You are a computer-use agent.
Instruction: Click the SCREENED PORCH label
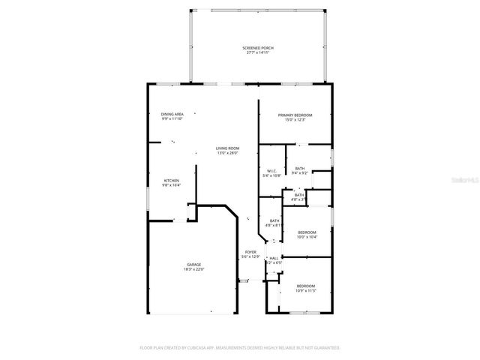click(x=257, y=48)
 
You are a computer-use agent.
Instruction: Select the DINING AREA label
click(x=172, y=114)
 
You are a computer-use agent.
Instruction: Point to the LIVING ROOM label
click(x=227, y=148)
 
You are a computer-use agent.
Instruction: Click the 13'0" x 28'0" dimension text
click(x=227, y=154)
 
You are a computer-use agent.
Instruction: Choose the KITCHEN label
click(x=172, y=181)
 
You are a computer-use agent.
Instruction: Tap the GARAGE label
click(x=193, y=265)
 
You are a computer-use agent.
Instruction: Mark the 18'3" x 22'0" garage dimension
click(x=193, y=270)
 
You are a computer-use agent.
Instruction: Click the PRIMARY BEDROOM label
click(x=295, y=115)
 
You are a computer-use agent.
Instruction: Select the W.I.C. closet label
click(x=272, y=170)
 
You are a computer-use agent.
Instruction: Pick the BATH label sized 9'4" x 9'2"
click(x=299, y=169)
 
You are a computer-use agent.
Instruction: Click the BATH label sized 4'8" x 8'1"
click(x=273, y=220)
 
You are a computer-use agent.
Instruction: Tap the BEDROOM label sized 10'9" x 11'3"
click(x=305, y=286)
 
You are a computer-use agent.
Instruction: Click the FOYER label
click(x=250, y=252)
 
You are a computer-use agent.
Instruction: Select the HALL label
click(x=274, y=258)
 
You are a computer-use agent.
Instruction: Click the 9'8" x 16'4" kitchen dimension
click(x=172, y=186)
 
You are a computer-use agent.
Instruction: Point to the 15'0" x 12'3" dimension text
click(x=295, y=120)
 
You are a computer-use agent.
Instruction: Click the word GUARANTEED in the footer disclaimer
click(x=325, y=348)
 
